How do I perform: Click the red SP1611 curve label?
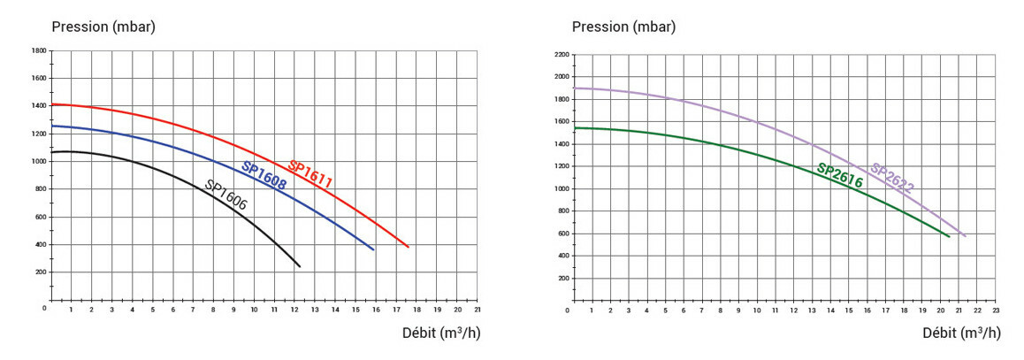(x=310, y=174)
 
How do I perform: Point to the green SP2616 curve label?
(x=839, y=176)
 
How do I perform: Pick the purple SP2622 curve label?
(x=891, y=178)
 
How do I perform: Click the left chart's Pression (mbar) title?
(x=103, y=26)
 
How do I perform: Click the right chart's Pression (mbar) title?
(x=623, y=26)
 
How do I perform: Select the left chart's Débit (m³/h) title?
(x=441, y=333)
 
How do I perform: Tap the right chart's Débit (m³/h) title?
(x=961, y=333)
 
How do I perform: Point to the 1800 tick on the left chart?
(x=39, y=51)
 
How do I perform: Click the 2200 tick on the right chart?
(x=559, y=55)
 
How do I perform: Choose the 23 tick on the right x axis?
(x=996, y=312)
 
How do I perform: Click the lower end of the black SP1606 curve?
(x=300, y=266)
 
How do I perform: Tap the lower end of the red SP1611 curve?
(x=409, y=247)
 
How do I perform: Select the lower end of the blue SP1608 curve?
(x=373, y=249)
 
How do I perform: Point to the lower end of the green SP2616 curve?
(x=949, y=236)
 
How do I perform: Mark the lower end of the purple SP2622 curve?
(x=965, y=236)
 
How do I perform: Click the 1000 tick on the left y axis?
(x=39, y=162)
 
